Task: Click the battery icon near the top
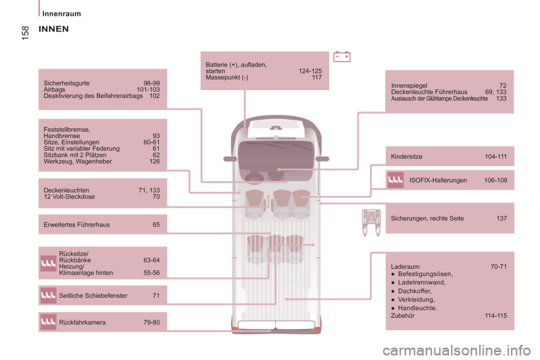[x=341, y=57]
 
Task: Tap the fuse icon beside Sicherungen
[x=371, y=222]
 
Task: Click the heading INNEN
[x=54, y=29]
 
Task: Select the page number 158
[x=25, y=33]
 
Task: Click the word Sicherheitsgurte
[x=66, y=83]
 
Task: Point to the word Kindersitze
[x=406, y=156]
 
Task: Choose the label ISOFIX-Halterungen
[x=438, y=180]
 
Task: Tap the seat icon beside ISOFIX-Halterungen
[x=395, y=180]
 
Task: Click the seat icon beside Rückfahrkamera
[x=48, y=322]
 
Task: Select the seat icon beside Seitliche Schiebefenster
[x=48, y=295]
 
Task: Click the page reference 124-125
[x=310, y=71]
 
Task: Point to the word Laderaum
[x=405, y=267]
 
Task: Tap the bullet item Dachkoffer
[x=415, y=291]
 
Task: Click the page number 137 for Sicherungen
[x=501, y=218]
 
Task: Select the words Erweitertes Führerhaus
[x=76, y=224]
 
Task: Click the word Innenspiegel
[x=409, y=85]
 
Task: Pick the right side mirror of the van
[x=322, y=159]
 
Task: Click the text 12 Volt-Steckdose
[x=69, y=197]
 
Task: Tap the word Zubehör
[x=403, y=316]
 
